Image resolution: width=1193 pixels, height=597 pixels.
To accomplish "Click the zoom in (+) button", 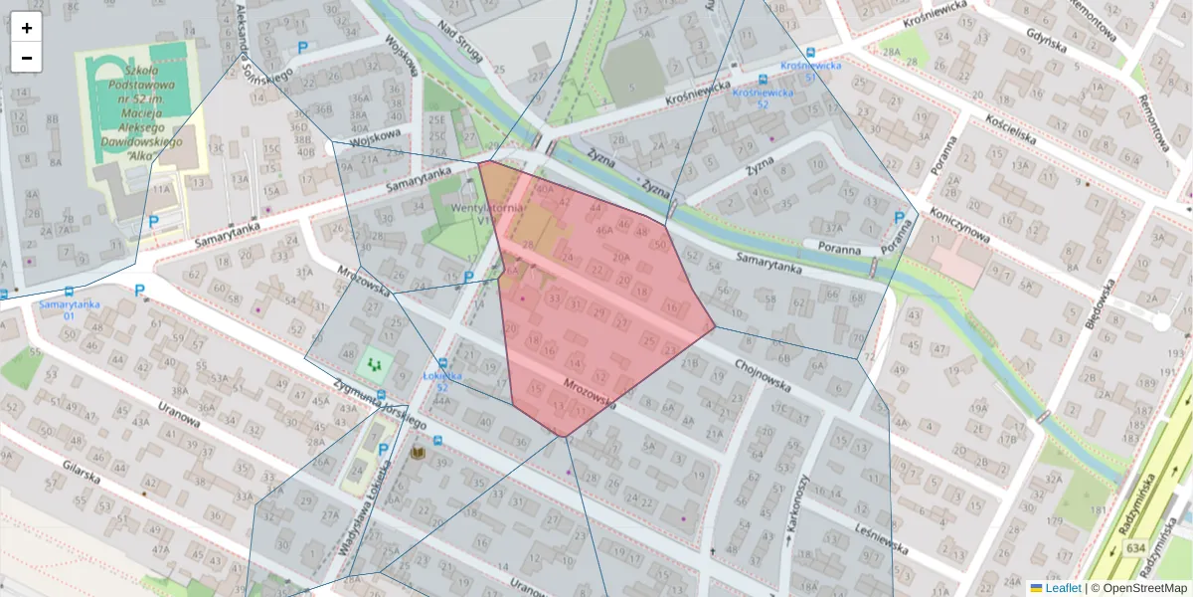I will [x=27, y=28].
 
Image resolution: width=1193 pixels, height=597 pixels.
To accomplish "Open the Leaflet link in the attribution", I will [x=1062, y=588].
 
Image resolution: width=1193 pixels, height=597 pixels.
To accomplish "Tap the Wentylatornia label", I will [x=487, y=210].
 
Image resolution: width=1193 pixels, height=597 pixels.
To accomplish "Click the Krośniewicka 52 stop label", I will [x=763, y=98].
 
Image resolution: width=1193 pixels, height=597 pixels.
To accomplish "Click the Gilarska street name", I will [x=80, y=477].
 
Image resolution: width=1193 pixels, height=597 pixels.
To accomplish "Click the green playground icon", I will [x=375, y=365].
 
